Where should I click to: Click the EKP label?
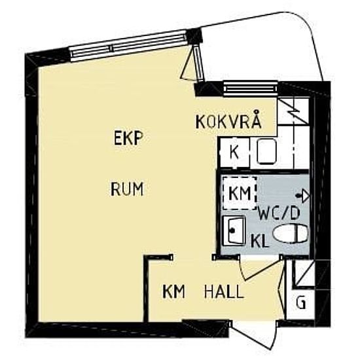(128, 138)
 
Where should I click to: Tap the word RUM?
(127, 189)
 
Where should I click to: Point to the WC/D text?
(279, 213)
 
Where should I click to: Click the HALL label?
(224, 291)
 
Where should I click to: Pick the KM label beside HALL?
(174, 291)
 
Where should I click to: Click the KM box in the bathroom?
(240, 193)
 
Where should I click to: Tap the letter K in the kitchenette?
(234, 153)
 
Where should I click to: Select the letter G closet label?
(301, 302)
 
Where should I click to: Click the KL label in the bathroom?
(260, 241)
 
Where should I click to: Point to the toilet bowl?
(291, 234)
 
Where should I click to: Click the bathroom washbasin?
(234, 230)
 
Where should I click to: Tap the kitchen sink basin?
(266, 152)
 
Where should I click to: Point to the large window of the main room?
(128, 46)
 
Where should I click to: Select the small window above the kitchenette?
(251, 88)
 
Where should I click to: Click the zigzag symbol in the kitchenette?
(293, 111)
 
